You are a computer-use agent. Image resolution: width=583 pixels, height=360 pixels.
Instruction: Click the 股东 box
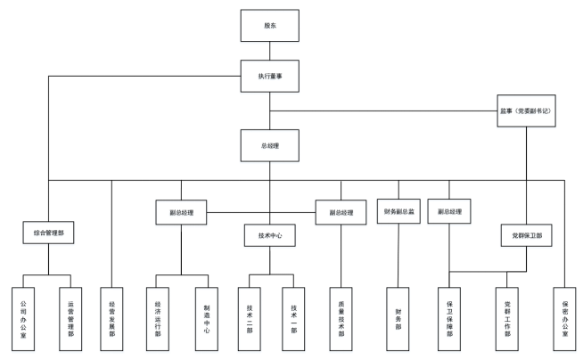[269, 26]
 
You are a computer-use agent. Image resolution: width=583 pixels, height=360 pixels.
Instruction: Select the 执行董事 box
[269, 77]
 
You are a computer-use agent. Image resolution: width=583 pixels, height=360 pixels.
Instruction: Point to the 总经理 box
[269, 144]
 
